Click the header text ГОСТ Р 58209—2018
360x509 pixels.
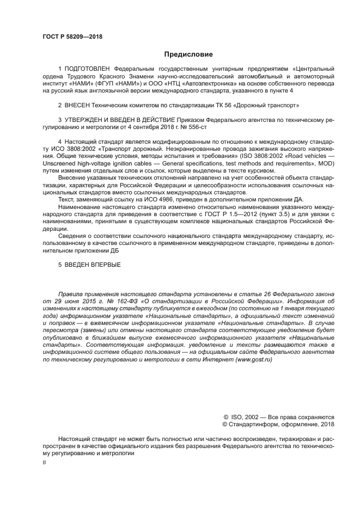pos(72,37)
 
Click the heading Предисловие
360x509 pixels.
pos(188,54)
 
